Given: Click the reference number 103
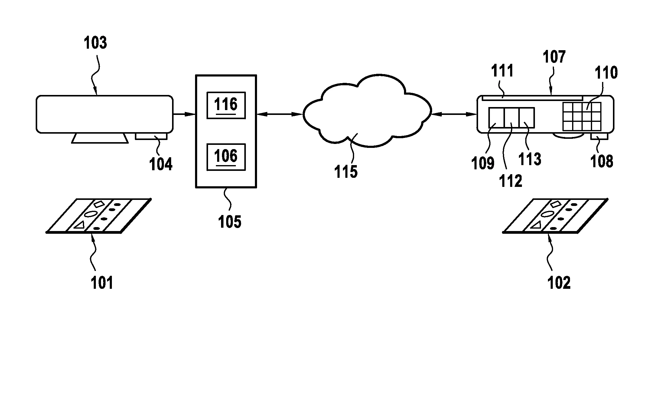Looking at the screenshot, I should (95, 43).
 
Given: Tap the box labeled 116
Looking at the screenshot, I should (226, 105).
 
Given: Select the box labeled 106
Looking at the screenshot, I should (226, 157).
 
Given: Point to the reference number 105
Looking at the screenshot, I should (230, 222).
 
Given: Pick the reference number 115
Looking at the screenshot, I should (346, 172).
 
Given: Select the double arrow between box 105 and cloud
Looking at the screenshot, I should (280, 114).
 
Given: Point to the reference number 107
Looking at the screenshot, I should (554, 57).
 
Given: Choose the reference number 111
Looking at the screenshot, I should (502, 71).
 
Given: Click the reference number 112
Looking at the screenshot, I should (511, 181).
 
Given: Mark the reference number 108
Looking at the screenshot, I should (601, 161).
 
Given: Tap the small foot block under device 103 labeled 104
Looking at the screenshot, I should (151, 136).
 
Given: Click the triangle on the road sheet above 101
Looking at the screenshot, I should (80, 225).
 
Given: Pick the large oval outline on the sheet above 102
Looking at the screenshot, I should (547, 214).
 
